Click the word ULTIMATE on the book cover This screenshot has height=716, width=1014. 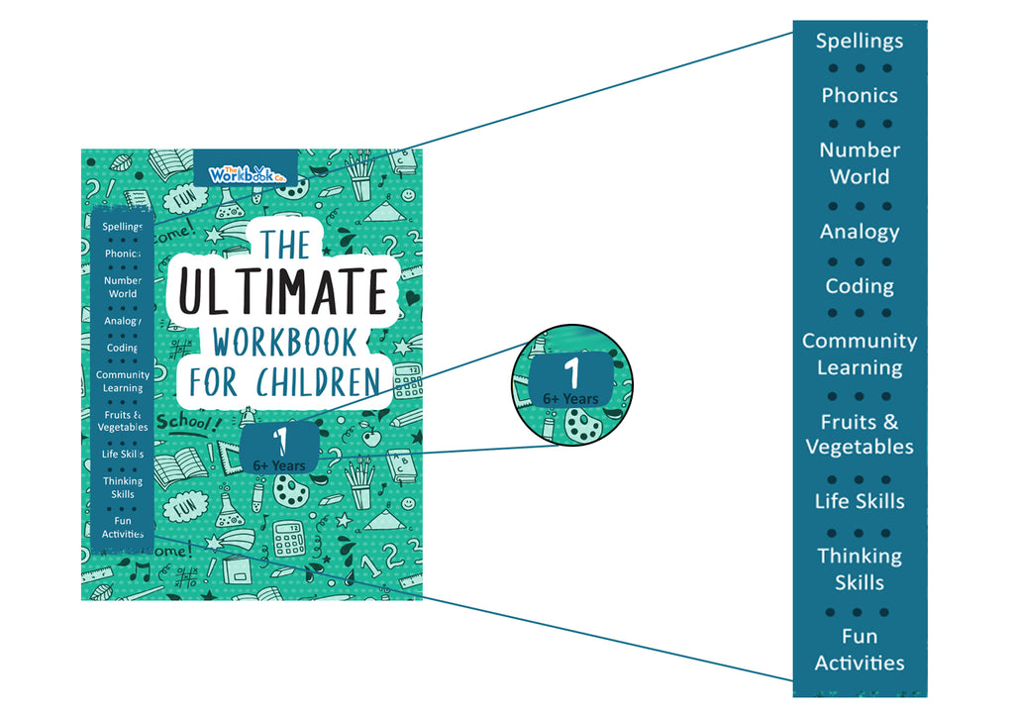coord(282,292)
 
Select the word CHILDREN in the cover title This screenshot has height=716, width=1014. coord(318,382)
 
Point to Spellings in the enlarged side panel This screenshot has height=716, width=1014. coord(860,42)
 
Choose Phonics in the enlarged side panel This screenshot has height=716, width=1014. coord(860,96)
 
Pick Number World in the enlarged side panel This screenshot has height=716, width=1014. coord(860,163)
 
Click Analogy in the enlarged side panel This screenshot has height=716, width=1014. coord(860,232)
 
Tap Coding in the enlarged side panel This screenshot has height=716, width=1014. coord(860,286)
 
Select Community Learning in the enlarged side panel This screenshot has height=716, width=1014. coord(860,354)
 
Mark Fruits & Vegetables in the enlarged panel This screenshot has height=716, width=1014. coord(860,434)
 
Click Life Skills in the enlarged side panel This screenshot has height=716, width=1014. coord(860,501)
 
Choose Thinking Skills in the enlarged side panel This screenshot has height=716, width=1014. coord(860,568)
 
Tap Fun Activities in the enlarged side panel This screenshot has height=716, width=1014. coord(860,650)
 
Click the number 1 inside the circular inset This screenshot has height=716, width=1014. coord(570,373)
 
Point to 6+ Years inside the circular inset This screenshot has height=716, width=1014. coord(570,399)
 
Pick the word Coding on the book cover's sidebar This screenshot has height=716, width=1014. coord(123,349)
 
